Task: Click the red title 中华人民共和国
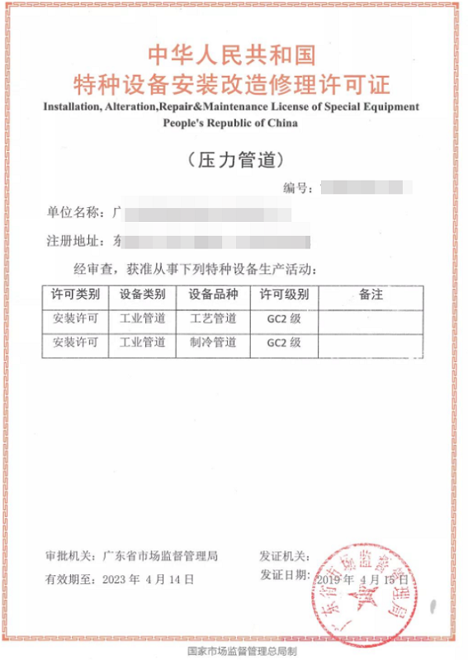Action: click(x=232, y=55)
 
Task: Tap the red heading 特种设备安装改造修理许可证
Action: click(x=232, y=84)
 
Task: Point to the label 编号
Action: click(x=297, y=187)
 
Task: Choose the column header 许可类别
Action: click(x=76, y=294)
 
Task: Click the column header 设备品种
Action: click(x=213, y=294)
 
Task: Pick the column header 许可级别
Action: click(x=283, y=294)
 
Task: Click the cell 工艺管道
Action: click(x=213, y=318)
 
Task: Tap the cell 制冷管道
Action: click(x=213, y=342)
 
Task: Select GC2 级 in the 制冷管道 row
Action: click(x=283, y=342)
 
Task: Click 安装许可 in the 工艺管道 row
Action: click(x=76, y=318)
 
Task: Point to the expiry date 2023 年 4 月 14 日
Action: click(x=149, y=579)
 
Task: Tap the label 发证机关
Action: click(x=284, y=557)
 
